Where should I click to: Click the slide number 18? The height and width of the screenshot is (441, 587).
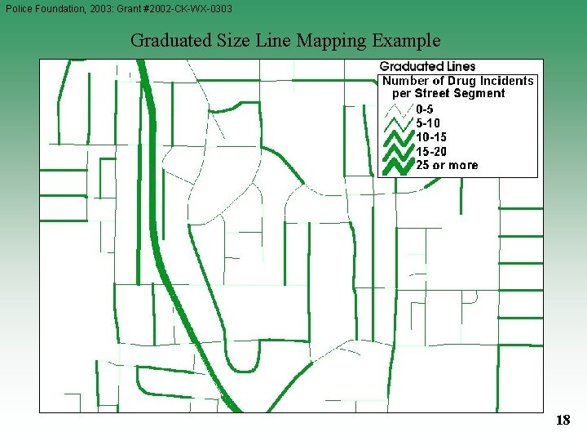[563, 420]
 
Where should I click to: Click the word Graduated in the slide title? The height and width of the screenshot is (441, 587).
[168, 40]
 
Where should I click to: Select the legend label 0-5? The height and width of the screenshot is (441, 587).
[424, 108]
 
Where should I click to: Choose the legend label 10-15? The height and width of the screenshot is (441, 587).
[430, 136]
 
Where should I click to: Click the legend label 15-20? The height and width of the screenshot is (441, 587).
[430, 151]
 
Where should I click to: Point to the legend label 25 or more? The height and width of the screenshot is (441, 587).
[447, 165]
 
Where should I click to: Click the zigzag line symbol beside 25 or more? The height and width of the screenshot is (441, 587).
[397, 165]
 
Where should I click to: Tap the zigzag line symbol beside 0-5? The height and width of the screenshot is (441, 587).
[397, 108]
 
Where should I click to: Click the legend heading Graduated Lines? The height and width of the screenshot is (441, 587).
[427, 66]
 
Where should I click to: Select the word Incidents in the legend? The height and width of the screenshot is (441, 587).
[505, 80]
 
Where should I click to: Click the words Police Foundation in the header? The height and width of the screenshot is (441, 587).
[41, 8]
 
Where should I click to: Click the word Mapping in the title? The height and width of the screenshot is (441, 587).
[330, 40]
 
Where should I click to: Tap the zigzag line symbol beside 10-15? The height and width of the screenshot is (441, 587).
[397, 136]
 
